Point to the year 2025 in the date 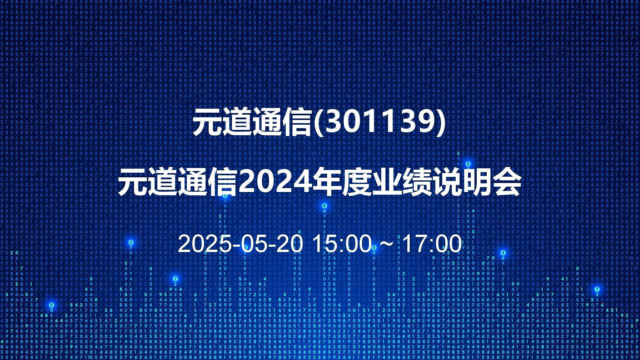tap(205, 244)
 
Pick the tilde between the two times tap(387, 244)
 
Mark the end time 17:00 tap(432, 244)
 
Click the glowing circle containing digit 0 tap(131, 242)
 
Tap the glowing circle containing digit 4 tap(503, 253)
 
